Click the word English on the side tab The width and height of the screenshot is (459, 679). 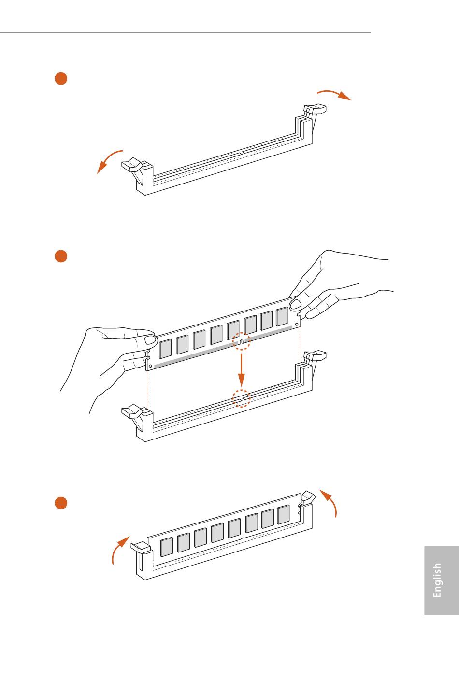[x=437, y=580]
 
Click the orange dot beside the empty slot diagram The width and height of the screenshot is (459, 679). [x=60, y=79]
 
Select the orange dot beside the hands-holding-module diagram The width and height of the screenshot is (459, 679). [x=60, y=256]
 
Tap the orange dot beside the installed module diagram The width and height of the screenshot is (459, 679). [x=60, y=503]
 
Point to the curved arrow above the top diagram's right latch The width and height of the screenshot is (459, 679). [x=334, y=94]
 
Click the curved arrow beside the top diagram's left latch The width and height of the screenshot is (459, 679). [x=109, y=161]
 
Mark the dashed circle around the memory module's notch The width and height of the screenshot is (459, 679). [x=242, y=341]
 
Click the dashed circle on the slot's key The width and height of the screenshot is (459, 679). [x=242, y=398]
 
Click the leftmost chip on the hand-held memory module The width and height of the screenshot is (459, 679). [x=165, y=349]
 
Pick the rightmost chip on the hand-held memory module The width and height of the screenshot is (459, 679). [x=282, y=316]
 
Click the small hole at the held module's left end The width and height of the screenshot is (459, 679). [x=151, y=366]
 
